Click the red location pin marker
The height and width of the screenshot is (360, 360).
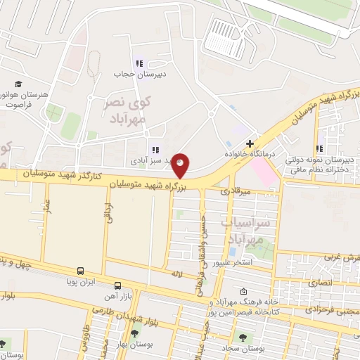tap(181, 165)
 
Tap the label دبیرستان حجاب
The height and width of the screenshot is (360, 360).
tap(139, 73)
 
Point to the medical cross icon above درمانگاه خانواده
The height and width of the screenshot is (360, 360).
tap(250, 143)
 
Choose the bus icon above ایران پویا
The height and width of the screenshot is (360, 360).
tap(81, 271)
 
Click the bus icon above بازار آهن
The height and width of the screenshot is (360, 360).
tap(117, 285)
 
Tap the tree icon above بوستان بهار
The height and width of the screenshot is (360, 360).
tap(134, 333)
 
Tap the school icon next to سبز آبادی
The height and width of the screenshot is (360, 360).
tap(155, 149)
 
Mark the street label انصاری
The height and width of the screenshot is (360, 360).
tap(331, 281)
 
